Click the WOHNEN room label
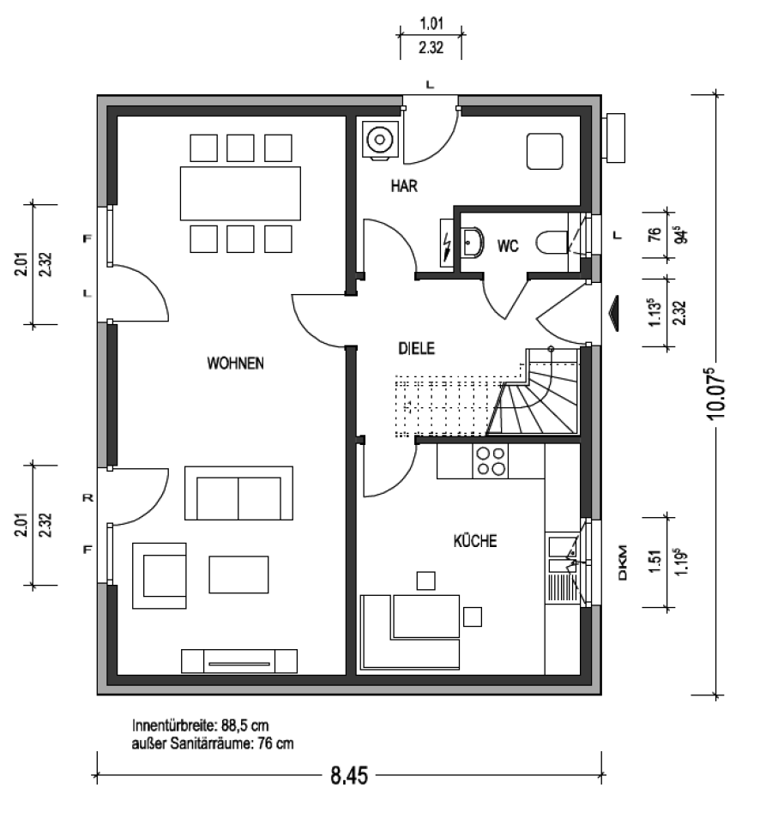tap(235, 364)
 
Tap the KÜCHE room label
tap(475, 540)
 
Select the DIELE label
tap(416, 348)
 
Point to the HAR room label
tap(404, 186)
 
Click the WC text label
tap(507, 246)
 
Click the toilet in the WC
tap(552, 244)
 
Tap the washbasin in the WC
tap(471, 243)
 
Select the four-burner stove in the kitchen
tap(491, 461)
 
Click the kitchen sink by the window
tap(563, 555)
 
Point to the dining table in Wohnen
tap(240, 193)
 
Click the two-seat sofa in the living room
tap(238, 493)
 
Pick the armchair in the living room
tap(159, 575)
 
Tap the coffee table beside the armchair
tap(238, 574)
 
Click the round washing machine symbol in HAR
tap(379, 140)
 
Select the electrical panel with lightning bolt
tap(447, 243)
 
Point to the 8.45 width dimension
tap(349, 775)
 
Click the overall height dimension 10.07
tap(716, 394)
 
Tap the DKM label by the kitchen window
tap(622, 562)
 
